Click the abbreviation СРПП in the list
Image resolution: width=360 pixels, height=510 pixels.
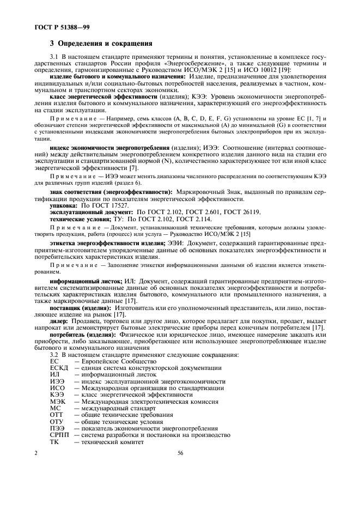[x=59, y=435]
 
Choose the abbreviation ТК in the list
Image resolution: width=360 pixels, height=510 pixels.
[x=54, y=441]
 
